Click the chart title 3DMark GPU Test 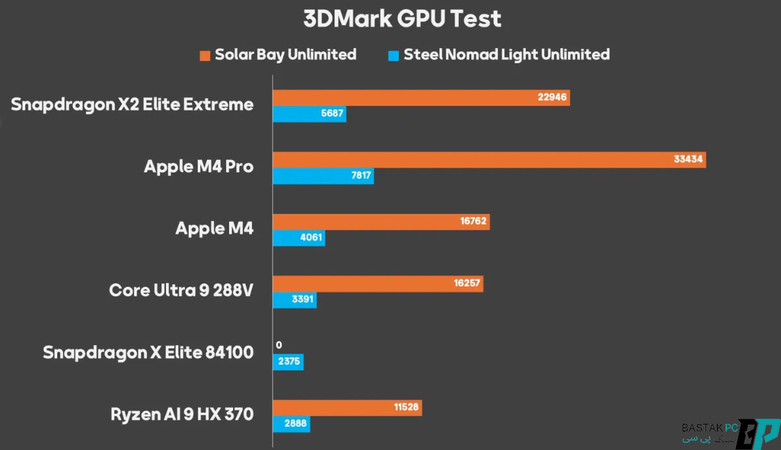402,19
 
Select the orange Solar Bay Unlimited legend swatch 205,55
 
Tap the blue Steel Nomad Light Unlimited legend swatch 393,55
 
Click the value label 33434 689,160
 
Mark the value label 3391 301,300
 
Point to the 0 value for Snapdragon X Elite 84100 279,345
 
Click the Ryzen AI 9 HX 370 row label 182,414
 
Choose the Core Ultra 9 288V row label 181,290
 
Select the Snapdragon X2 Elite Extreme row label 132,104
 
